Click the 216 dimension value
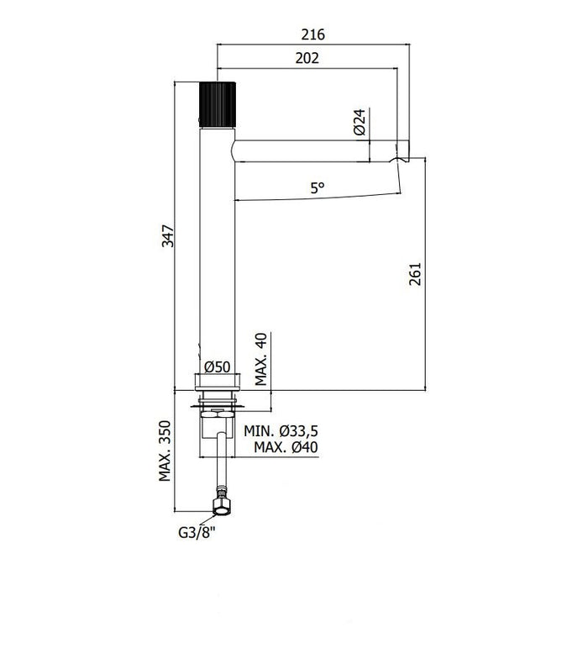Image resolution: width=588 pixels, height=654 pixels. [313, 34]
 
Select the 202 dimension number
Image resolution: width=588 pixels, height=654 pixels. [307, 58]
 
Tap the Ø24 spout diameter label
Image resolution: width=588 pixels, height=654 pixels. [360, 122]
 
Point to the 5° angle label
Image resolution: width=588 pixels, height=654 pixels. [318, 188]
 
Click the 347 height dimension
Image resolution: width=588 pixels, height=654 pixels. [168, 236]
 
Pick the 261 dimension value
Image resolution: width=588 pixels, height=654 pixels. [415, 274]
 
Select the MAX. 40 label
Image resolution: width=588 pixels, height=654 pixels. [261, 360]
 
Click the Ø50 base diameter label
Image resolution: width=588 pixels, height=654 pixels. [217, 367]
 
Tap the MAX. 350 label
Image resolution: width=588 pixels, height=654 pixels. [165, 451]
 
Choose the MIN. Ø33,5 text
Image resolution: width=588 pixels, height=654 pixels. [281, 430]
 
